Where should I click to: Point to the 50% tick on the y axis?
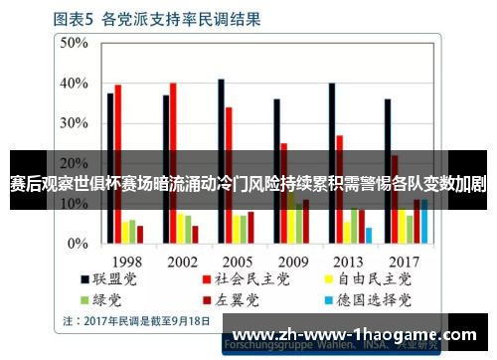74,43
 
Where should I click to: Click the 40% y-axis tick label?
74,84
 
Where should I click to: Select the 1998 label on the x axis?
126,261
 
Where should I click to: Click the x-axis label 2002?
182,261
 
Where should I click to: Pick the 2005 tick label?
237,261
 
